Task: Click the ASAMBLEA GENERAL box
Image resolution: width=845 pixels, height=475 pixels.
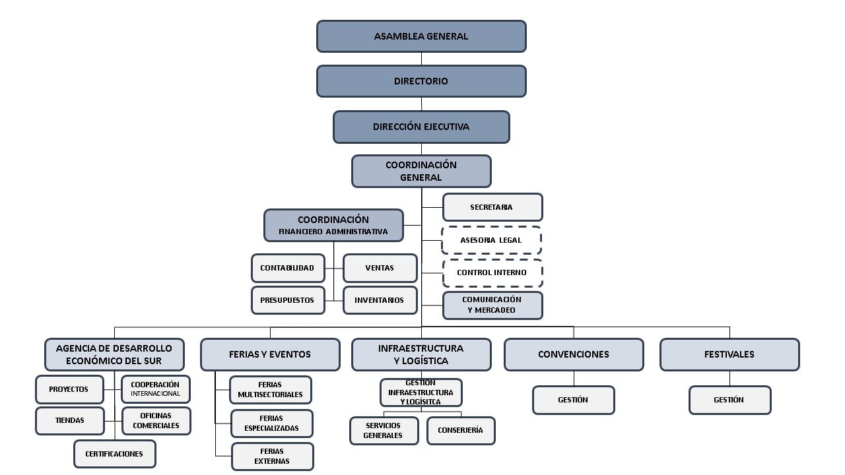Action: pyautogui.click(x=421, y=36)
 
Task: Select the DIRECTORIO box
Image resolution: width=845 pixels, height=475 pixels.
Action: pyautogui.click(x=421, y=81)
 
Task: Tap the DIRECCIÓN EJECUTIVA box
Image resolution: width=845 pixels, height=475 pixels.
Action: pyautogui.click(x=421, y=127)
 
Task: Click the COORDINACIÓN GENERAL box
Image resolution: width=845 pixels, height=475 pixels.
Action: pyautogui.click(x=421, y=172)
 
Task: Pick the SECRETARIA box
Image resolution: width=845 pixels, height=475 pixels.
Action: pyautogui.click(x=492, y=207)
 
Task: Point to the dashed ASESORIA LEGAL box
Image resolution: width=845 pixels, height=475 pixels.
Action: pyautogui.click(x=492, y=240)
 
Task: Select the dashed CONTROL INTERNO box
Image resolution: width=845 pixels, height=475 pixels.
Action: pyautogui.click(x=492, y=272)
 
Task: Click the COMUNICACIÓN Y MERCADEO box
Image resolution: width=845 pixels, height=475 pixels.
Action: pyautogui.click(x=492, y=305)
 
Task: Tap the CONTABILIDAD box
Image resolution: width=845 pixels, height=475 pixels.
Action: pyautogui.click(x=288, y=268)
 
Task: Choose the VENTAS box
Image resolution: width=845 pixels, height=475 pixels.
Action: pyautogui.click(x=380, y=268)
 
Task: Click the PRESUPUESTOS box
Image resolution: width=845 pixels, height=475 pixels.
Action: pyautogui.click(x=288, y=300)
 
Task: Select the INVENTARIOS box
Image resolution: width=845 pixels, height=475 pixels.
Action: pyautogui.click(x=380, y=300)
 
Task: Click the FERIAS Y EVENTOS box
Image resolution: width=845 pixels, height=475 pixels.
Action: pyautogui.click(x=270, y=354)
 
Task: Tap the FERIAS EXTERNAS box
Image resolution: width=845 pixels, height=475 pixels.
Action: pyautogui.click(x=272, y=457)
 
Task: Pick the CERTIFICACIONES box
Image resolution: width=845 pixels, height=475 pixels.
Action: pyautogui.click(x=114, y=454)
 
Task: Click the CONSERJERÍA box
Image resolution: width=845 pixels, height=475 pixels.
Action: pyautogui.click(x=460, y=430)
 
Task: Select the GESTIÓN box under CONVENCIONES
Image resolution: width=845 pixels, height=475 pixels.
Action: pyautogui.click(x=573, y=400)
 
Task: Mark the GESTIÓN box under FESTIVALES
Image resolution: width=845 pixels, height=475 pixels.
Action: pyautogui.click(x=729, y=400)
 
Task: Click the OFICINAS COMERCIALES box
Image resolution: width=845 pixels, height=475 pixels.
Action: pyautogui.click(x=156, y=421)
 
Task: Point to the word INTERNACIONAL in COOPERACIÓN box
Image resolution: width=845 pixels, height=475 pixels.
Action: pyautogui.click(x=156, y=394)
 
